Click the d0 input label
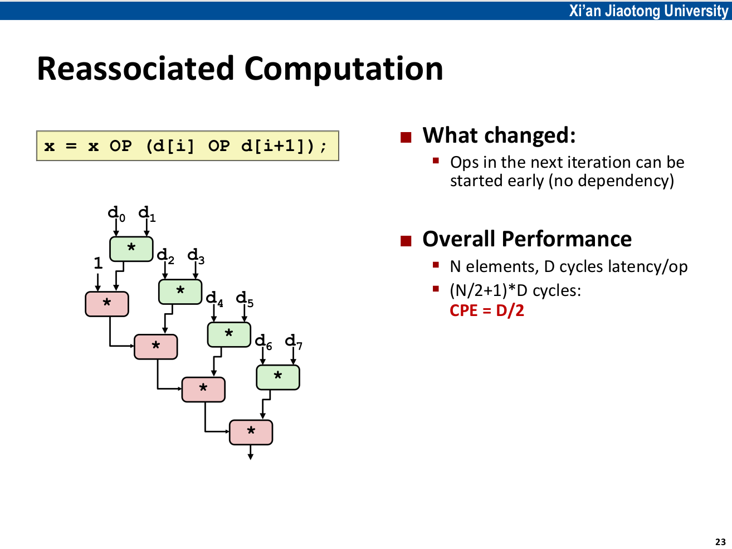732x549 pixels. [x=116, y=213]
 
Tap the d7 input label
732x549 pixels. [x=293, y=341]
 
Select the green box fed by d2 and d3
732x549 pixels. [x=180, y=291]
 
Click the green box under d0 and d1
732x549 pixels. [x=131, y=249]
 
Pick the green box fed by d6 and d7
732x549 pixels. [x=277, y=377]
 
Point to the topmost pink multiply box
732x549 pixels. [x=107, y=304]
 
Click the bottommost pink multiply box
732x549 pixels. [x=251, y=432]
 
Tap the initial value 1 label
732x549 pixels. [x=98, y=263]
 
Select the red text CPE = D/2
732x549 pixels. [x=486, y=310]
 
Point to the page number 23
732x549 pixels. [x=720, y=542]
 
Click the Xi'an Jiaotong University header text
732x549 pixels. [x=648, y=11]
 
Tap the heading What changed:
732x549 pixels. [x=499, y=135]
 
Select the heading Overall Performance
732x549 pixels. [x=526, y=239]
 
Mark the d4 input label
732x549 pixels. [x=214, y=299]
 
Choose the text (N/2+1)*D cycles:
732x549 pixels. [x=515, y=290]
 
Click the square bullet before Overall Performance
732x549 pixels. [x=406, y=241]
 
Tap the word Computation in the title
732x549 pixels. [x=343, y=69]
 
